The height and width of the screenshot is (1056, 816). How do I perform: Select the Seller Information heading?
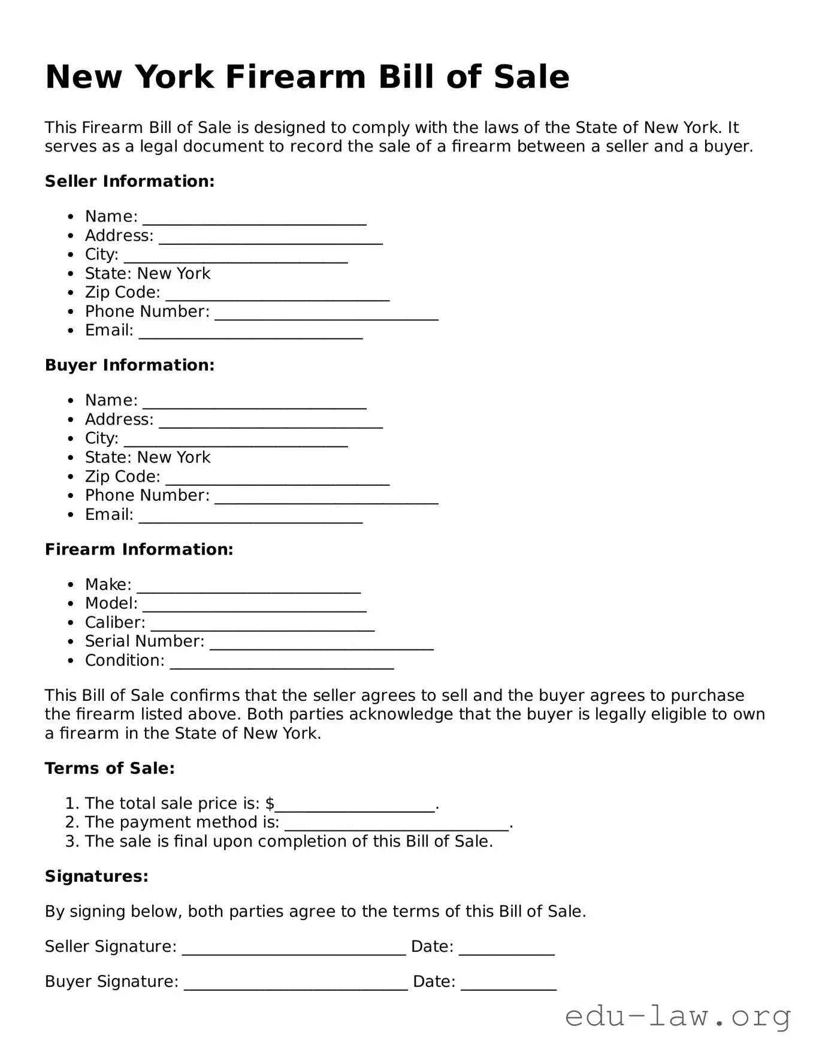(x=129, y=181)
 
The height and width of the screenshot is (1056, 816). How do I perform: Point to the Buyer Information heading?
(x=129, y=365)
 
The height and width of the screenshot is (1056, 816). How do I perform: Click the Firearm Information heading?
(x=139, y=549)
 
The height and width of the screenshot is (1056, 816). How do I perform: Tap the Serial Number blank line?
(x=322, y=644)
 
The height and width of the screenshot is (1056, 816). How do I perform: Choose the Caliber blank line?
(x=262, y=625)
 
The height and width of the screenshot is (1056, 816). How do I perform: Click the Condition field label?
(x=125, y=661)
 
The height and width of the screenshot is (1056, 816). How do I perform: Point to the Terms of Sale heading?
(x=110, y=768)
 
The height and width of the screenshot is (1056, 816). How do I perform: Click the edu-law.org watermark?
(x=678, y=1016)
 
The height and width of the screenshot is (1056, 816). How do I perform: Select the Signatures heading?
(x=96, y=877)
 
